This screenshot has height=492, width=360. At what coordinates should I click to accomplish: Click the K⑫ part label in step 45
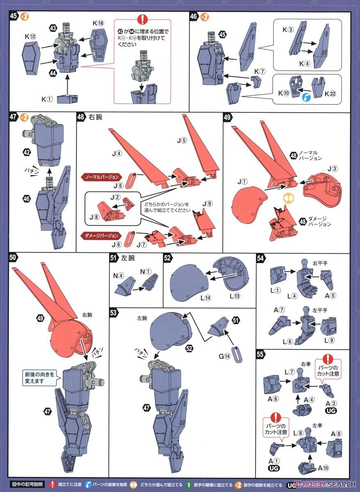[x=31, y=36]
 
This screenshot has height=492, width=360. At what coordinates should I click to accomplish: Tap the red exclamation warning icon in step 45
[x=142, y=20]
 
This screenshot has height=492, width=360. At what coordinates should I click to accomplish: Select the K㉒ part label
[x=330, y=93]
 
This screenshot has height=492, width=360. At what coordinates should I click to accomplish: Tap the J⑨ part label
[x=207, y=203]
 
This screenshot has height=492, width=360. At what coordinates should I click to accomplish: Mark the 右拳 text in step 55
[x=305, y=364]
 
